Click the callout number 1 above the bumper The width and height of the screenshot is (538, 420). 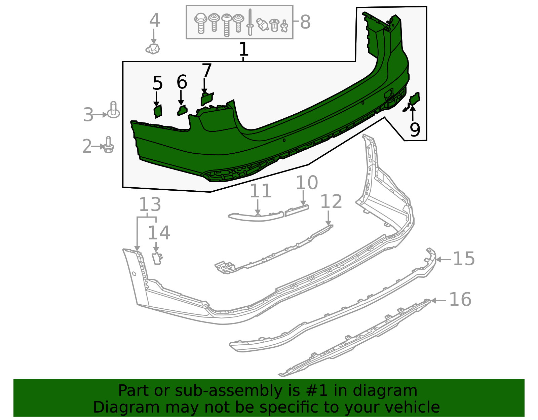pyautogui.click(x=243, y=49)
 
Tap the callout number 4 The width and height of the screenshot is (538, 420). pyautogui.click(x=154, y=21)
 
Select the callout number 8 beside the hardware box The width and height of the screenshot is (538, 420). pyautogui.click(x=305, y=22)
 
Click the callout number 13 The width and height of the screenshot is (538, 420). pyautogui.click(x=150, y=204)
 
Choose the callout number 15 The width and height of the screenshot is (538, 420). pyautogui.click(x=464, y=259)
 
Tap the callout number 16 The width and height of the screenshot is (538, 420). pyautogui.click(x=460, y=299)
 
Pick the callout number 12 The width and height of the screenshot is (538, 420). pyautogui.click(x=331, y=202)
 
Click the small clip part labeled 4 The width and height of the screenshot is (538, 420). pyautogui.click(x=153, y=49)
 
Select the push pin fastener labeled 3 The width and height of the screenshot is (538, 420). pyautogui.click(x=113, y=111)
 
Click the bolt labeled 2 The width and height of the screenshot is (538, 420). pyautogui.click(x=108, y=146)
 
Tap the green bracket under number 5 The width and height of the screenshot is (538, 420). pyautogui.click(x=158, y=111)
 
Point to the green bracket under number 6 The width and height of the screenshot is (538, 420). pyautogui.click(x=182, y=110)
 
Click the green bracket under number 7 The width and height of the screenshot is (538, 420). pyautogui.click(x=206, y=99)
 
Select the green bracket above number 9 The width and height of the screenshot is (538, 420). pyautogui.click(x=415, y=99)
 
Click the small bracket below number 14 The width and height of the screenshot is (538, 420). pyautogui.click(x=157, y=258)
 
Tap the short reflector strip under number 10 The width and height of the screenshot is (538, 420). pyautogui.click(x=297, y=211)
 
